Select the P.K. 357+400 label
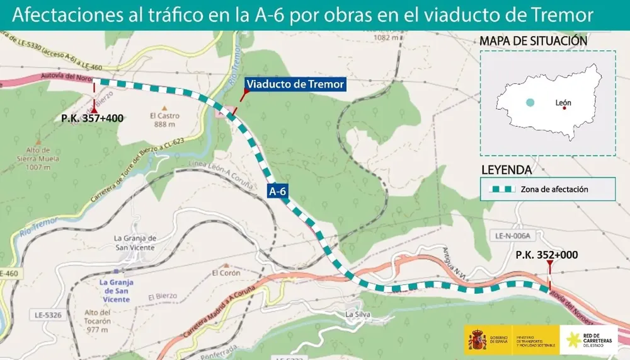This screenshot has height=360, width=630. [92, 118]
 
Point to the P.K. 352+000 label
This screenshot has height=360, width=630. [546, 255]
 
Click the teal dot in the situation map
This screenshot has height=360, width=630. [530, 102]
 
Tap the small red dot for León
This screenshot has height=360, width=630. [564, 108]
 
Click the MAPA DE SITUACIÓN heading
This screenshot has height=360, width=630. [533, 41]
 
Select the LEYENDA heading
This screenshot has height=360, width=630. [506, 170]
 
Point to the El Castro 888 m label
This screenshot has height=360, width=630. [164, 120]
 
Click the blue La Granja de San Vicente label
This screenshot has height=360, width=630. [116, 291]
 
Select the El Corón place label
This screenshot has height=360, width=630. [226, 273]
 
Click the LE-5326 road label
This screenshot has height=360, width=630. [48, 314]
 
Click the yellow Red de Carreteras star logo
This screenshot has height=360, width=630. [573, 341]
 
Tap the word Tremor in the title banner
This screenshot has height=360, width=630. [564, 16]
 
